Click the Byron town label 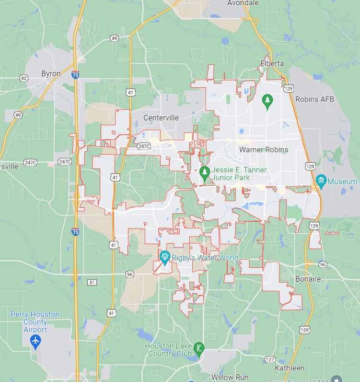(51, 73)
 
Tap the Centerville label (161, 118)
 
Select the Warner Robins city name (264, 149)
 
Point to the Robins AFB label (314, 99)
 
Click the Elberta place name (272, 63)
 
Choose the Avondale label (243, 3)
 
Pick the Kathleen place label (290, 368)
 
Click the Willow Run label (230, 378)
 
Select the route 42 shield (23, 78)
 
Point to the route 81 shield (92, 282)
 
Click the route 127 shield (270, 359)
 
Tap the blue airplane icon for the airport (35, 341)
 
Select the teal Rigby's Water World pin (165, 257)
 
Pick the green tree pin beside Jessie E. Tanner (205, 172)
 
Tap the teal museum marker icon (321, 181)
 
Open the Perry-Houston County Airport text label (35, 322)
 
